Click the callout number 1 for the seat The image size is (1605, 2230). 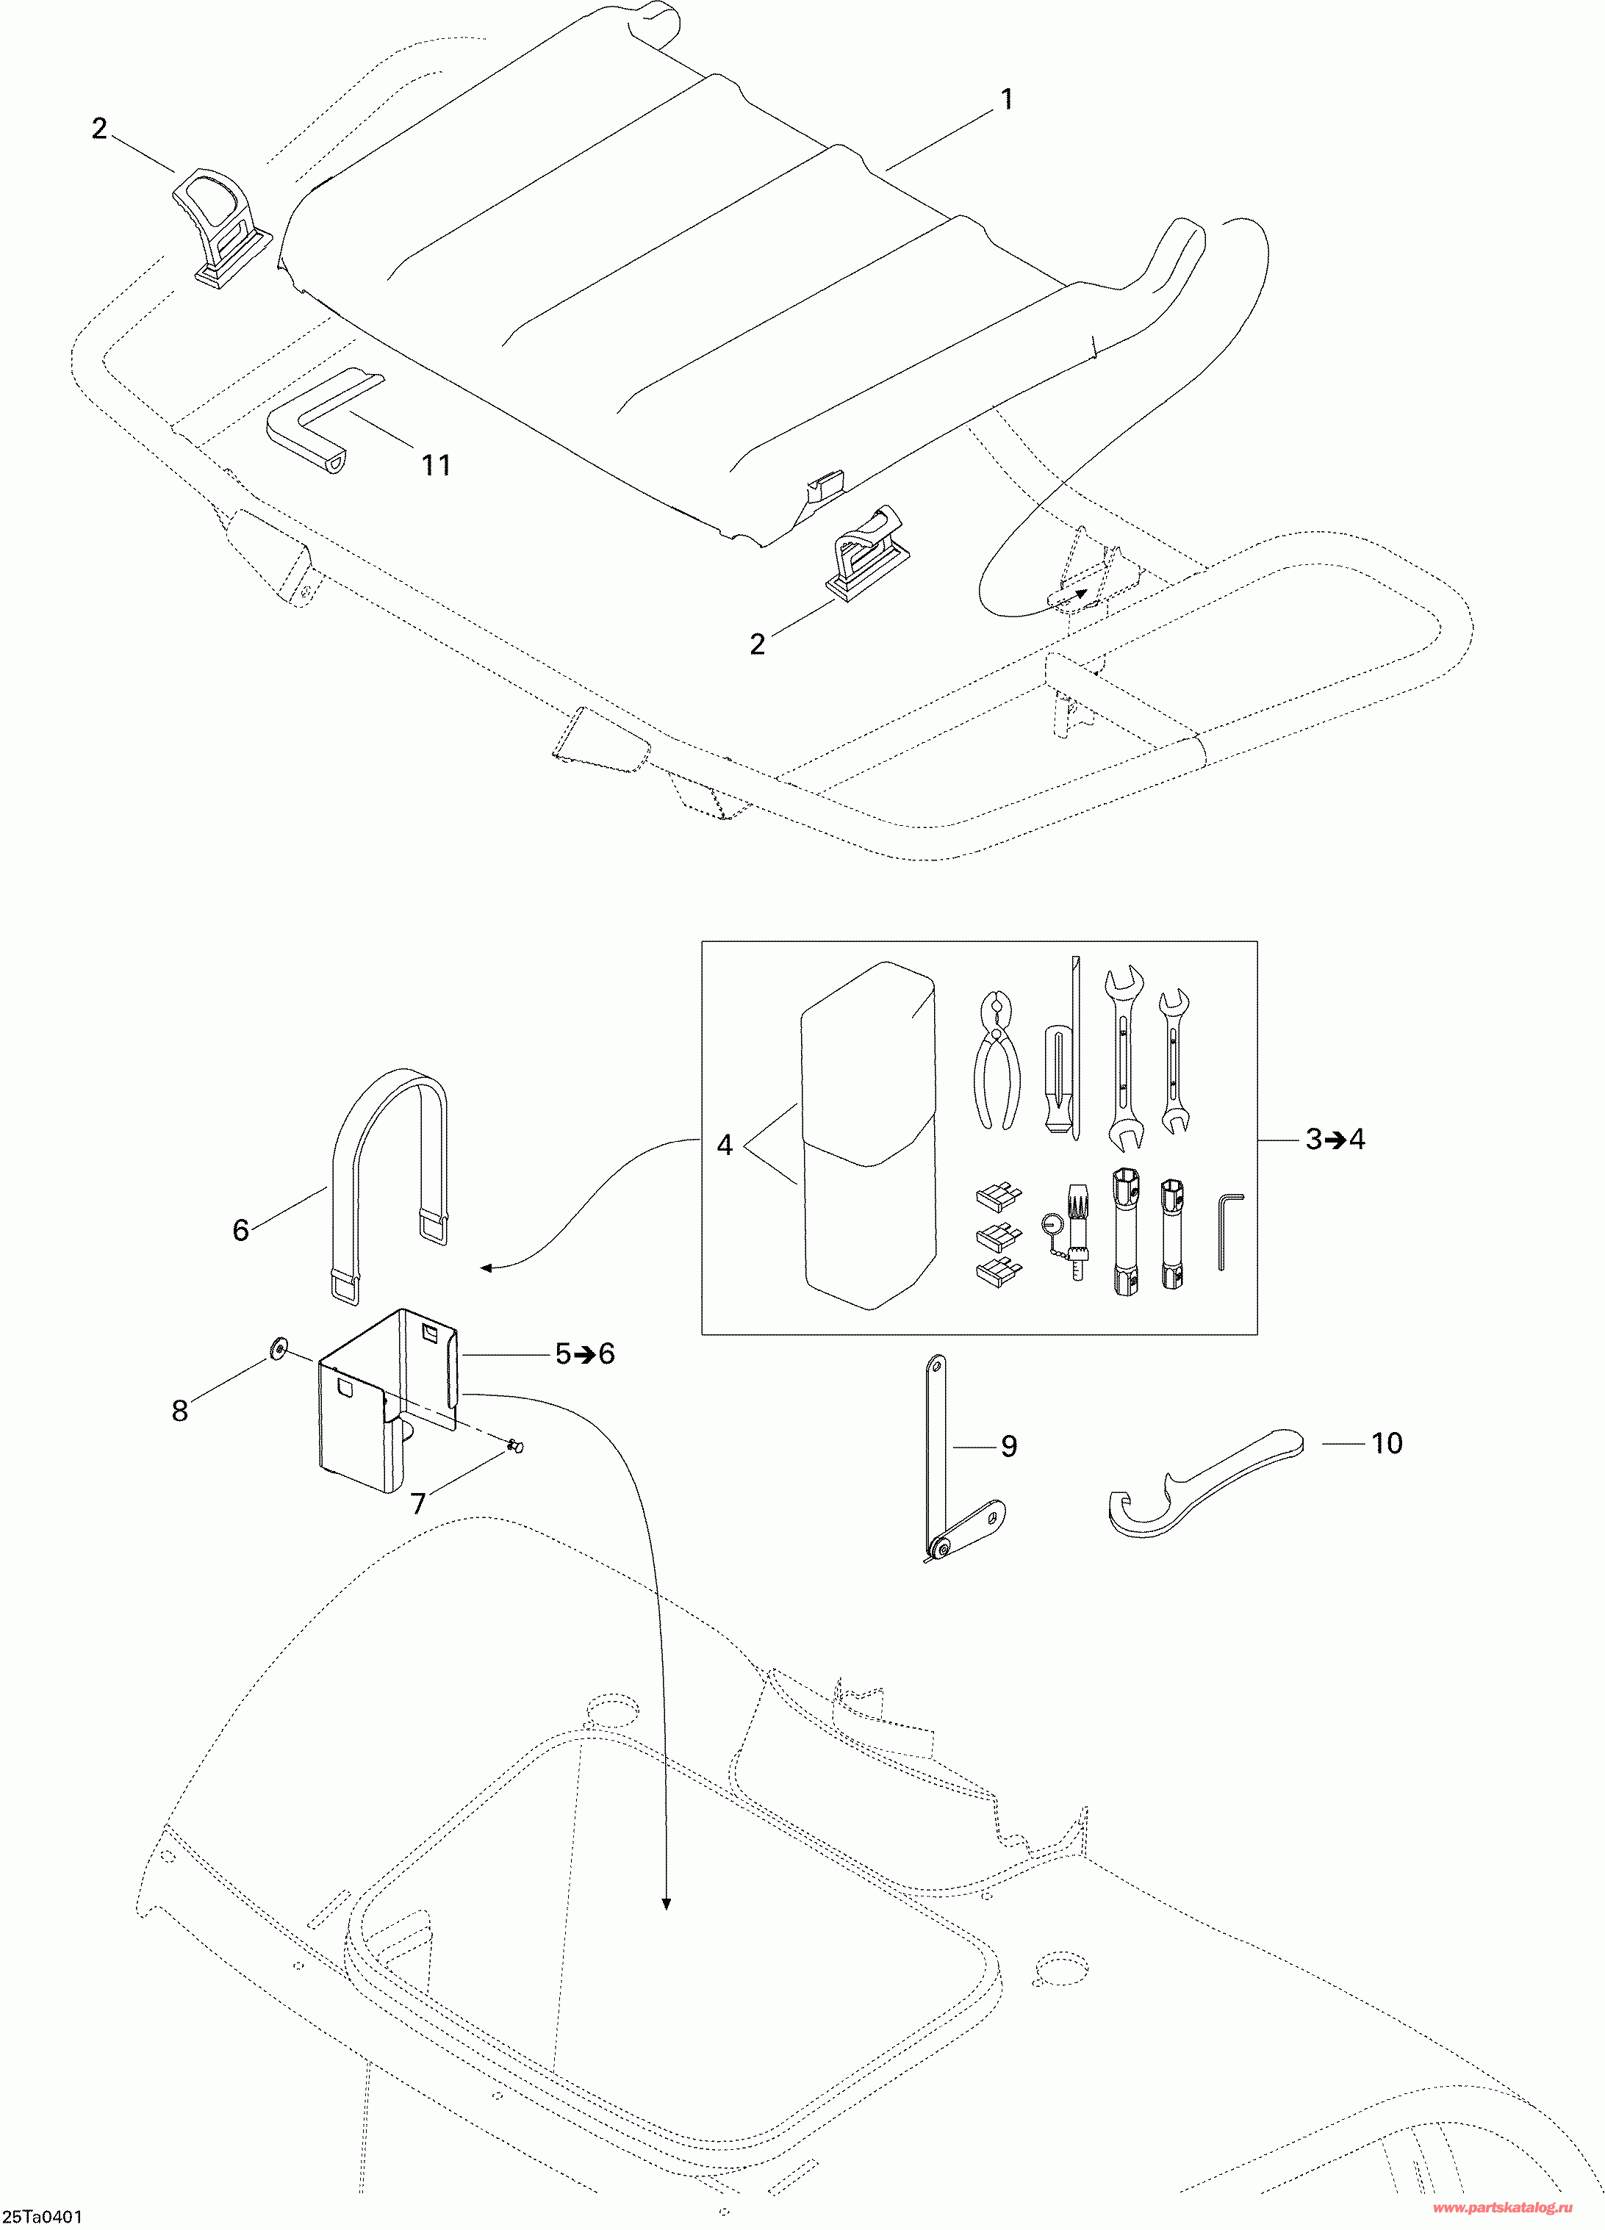click(x=1006, y=99)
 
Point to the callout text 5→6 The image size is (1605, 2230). click(x=584, y=1354)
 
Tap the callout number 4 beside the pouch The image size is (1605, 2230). click(x=725, y=1145)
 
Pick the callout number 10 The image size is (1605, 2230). click(x=1386, y=1443)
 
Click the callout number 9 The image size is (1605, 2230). click(x=1008, y=1446)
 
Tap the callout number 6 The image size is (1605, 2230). click(x=241, y=1230)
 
